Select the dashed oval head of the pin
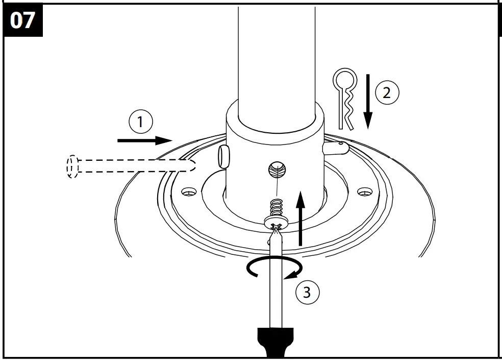pos(72,166)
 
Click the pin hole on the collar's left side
pos(223,155)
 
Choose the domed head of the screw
pos(277,221)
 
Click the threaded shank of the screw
pos(276,207)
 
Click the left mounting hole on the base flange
pos(189,193)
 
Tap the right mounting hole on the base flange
pos(364,192)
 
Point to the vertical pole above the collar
pos(276,51)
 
